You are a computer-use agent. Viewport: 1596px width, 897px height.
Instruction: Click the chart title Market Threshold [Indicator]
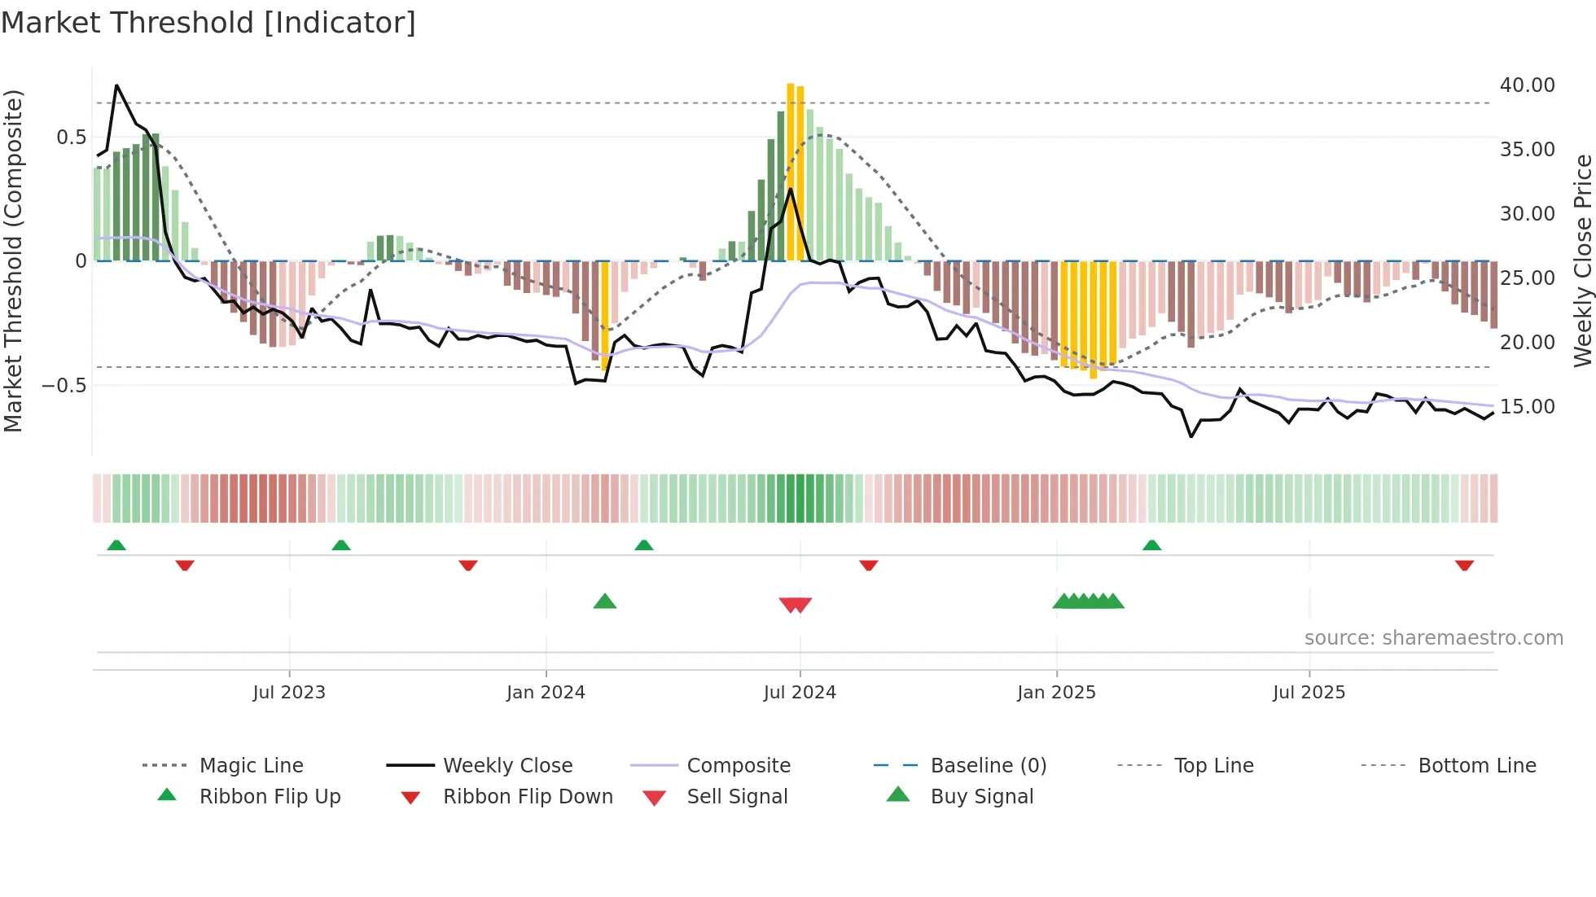point(208,23)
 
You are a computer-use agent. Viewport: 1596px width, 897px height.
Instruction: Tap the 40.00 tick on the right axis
point(1527,85)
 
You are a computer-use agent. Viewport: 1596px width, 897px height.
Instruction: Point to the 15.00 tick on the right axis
point(1527,407)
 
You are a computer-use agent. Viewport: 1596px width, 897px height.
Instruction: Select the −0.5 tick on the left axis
point(64,385)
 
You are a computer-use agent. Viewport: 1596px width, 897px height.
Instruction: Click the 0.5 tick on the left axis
point(71,138)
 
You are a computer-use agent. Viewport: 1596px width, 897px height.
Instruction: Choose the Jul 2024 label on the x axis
point(799,693)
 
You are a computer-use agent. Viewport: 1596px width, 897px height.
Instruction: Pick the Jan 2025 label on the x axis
point(1055,693)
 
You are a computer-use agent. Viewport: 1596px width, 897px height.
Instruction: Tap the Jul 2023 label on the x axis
point(288,693)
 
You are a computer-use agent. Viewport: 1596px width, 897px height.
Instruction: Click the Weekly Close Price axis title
point(1582,260)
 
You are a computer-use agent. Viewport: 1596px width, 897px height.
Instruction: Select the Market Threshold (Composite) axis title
point(13,260)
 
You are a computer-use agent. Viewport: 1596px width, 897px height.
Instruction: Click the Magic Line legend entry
point(251,766)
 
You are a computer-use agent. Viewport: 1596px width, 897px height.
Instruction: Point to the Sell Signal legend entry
point(736,797)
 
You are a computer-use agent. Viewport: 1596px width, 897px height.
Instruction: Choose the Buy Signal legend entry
point(981,797)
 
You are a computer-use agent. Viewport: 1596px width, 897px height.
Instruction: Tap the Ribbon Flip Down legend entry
point(527,797)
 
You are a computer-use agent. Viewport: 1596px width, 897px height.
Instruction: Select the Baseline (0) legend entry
point(988,766)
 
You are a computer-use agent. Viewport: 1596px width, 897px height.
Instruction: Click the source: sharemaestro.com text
point(1433,638)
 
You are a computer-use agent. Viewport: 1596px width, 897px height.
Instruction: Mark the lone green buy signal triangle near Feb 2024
point(604,602)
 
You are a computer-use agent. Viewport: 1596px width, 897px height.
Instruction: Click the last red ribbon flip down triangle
point(1464,565)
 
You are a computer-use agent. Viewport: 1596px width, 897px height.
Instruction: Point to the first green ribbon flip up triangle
point(116,545)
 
